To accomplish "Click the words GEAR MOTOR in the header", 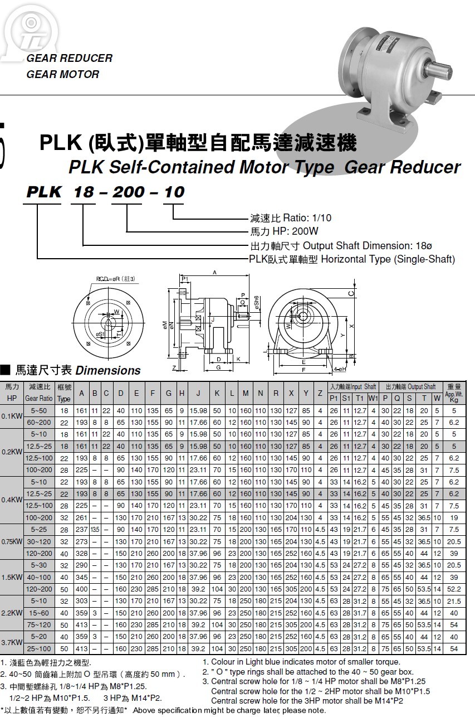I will [x=62, y=74].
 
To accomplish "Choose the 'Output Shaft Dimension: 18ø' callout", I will [x=341, y=245].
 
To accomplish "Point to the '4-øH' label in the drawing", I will [x=340, y=369].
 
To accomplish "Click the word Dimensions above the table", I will [x=108, y=371].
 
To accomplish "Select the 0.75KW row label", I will [x=12, y=541].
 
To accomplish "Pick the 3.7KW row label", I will [x=12, y=643].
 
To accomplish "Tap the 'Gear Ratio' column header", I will [x=39, y=399].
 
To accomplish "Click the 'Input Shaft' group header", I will [x=352, y=386].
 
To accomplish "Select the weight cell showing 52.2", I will [x=454, y=589].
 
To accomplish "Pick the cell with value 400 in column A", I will [x=81, y=589].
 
